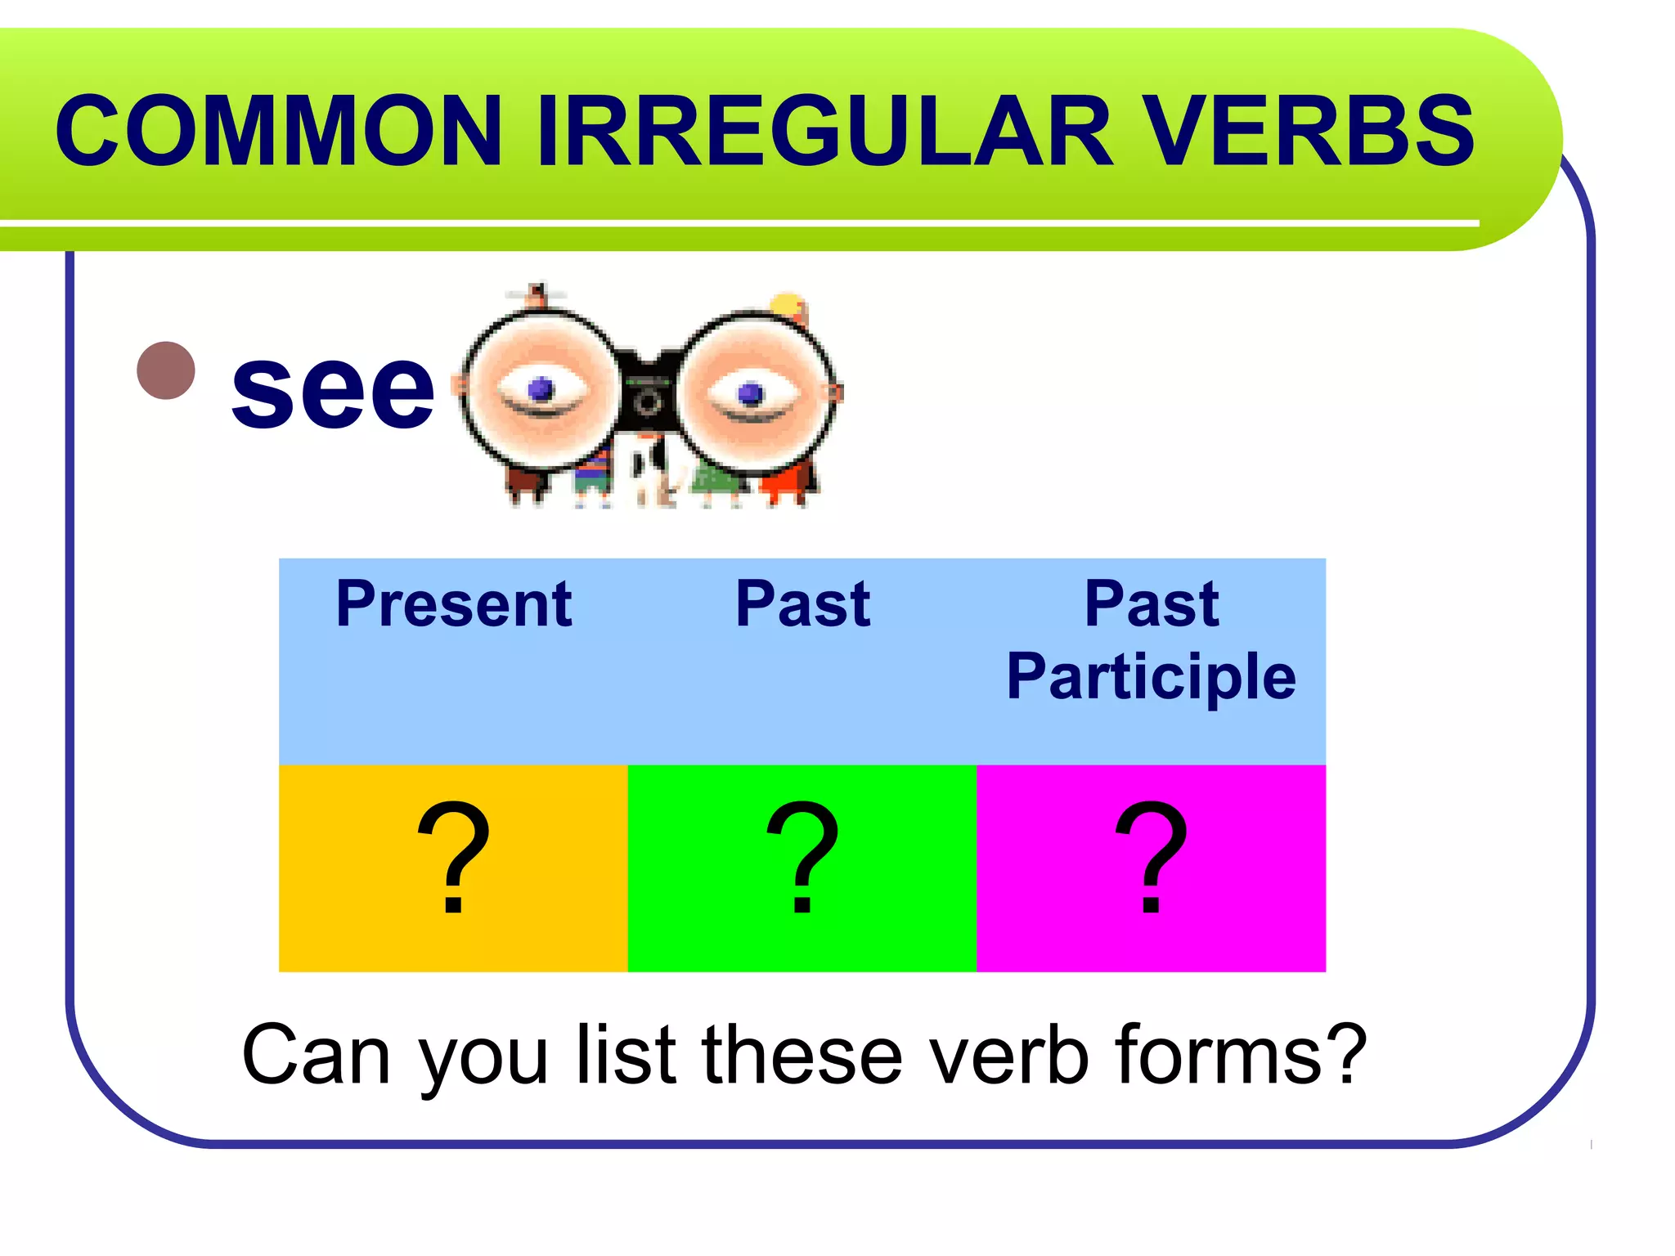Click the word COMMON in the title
[x=278, y=131]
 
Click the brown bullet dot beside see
[x=166, y=370]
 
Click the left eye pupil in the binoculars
[x=541, y=389]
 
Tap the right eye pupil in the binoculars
[x=750, y=394]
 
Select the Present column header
[x=454, y=604]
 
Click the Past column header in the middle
[x=802, y=604]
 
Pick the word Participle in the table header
[x=1151, y=677]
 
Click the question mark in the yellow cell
[x=453, y=858]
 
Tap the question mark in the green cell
[x=802, y=858]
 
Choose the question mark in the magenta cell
[x=1151, y=858]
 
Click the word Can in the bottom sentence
[x=316, y=1056]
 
